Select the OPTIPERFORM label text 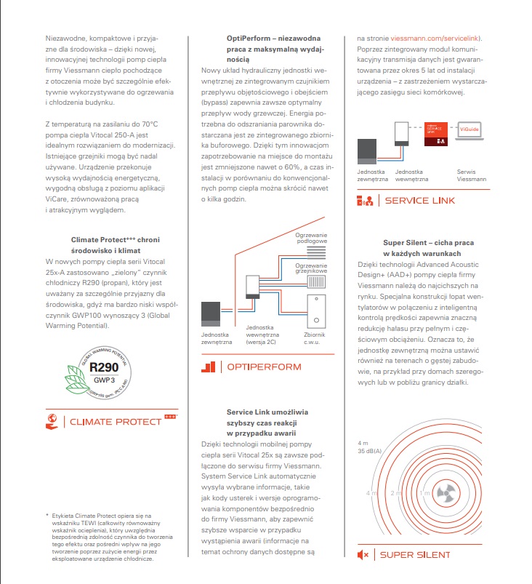262,366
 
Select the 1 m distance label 424,492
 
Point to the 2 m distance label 396,492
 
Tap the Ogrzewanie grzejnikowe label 311,268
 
